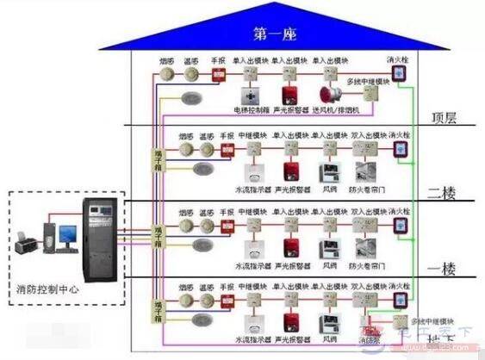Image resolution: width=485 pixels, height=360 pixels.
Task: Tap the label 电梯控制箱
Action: click(x=251, y=110)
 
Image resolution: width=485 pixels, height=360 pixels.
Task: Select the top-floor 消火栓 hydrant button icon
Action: click(x=400, y=77)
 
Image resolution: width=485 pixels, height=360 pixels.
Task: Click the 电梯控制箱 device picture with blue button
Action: click(x=251, y=95)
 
